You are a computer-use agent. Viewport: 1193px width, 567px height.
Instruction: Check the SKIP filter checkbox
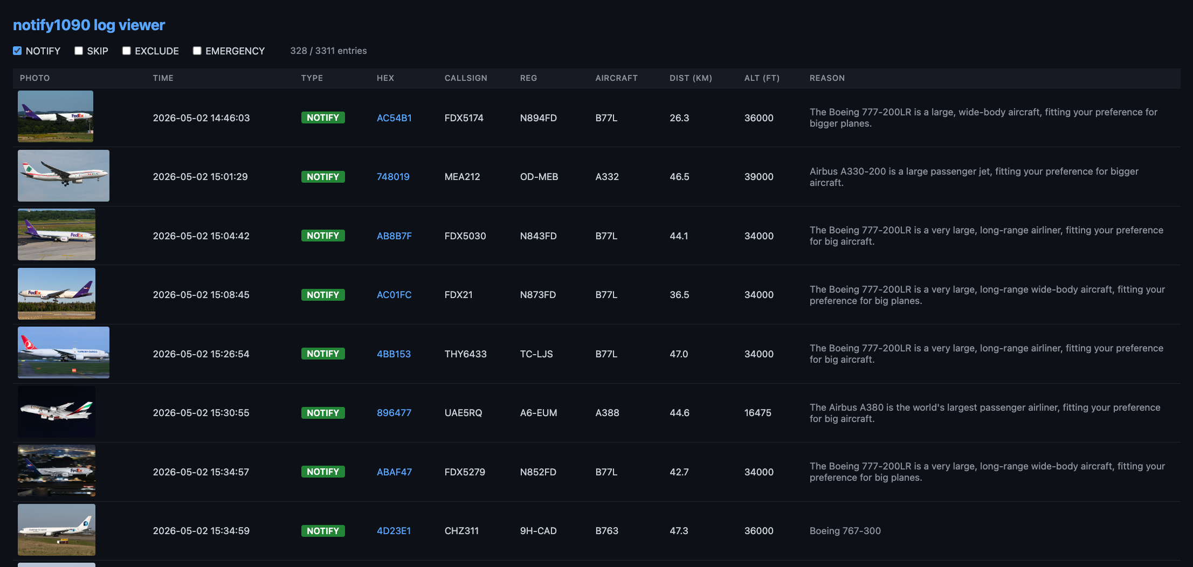tap(79, 51)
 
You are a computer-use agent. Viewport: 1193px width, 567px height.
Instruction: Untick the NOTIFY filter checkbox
tap(17, 51)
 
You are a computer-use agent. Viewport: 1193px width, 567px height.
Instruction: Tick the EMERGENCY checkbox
tap(197, 51)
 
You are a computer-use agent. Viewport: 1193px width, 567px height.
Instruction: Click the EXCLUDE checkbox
tap(127, 51)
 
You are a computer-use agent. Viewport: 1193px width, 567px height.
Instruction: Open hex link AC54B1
tap(394, 118)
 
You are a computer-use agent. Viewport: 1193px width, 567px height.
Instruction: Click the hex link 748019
tap(393, 177)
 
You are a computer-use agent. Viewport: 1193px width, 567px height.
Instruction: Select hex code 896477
tap(394, 413)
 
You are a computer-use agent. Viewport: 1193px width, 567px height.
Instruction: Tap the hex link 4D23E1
tap(394, 531)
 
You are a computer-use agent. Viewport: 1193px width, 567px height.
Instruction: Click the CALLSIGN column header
tap(466, 78)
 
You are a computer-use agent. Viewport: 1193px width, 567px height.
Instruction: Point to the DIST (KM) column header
tap(691, 78)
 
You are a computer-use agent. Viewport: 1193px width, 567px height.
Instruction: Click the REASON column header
tap(827, 78)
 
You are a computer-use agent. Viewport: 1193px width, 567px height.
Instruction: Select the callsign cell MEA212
tap(462, 177)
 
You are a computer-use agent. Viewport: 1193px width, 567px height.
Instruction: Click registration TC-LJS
tap(536, 354)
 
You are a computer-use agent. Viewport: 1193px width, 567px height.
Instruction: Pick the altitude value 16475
tap(758, 413)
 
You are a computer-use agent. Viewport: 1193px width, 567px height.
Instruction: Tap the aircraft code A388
tap(607, 413)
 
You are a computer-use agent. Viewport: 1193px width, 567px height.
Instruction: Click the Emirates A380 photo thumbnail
tap(57, 412)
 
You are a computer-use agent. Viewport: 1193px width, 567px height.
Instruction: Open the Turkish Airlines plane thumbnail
tap(64, 352)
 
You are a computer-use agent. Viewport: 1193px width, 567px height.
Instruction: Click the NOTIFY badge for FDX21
tap(323, 295)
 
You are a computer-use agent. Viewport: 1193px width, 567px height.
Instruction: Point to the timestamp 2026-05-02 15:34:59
tap(201, 531)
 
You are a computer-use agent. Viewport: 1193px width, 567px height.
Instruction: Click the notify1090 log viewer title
tap(89, 25)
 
